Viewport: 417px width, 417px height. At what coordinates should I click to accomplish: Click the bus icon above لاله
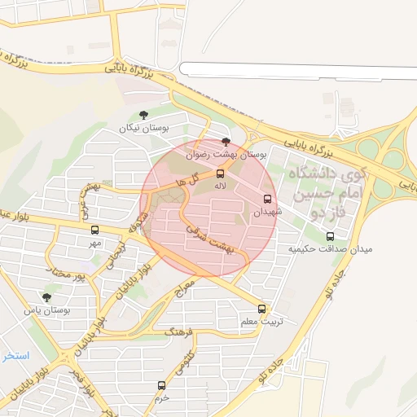(x=220, y=173)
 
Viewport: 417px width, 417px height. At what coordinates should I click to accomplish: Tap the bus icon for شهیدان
(x=267, y=199)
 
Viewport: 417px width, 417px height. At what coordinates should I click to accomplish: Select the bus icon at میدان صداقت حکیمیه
(x=330, y=237)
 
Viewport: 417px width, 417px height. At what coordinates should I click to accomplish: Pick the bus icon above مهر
(x=94, y=230)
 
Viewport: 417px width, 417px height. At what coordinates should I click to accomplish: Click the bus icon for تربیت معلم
(x=261, y=309)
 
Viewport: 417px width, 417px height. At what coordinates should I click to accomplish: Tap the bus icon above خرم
(x=161, y=385)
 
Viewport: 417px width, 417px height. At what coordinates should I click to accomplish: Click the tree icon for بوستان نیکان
(x=143, y=116)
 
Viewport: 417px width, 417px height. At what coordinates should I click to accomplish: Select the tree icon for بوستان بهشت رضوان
(x=226, y=142)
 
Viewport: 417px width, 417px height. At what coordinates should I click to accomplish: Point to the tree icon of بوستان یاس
(x=46, y=297)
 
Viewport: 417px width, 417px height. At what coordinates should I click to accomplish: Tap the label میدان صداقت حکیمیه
(x=330, y=249)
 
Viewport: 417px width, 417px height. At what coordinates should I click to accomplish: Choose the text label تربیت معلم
(x=261, y=321)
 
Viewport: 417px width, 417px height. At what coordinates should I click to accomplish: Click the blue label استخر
(x=15, y=356)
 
